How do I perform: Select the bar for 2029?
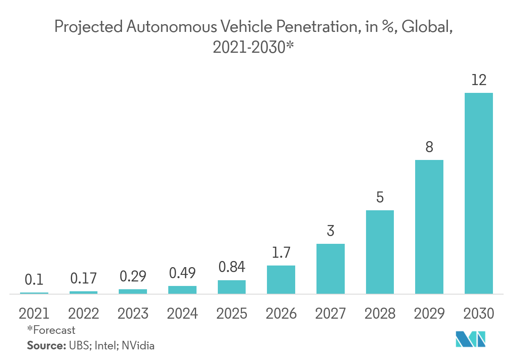[429, 227]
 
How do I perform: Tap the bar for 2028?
[380, 252]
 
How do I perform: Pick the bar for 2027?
[330, 269]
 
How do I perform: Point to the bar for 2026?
[281, 280]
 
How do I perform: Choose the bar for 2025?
[231, 287]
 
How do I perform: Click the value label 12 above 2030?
[479, 80]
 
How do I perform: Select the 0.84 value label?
[231, 267]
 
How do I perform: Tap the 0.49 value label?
[182, 272]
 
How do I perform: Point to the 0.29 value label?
[133, 276]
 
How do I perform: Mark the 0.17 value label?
[84, 278]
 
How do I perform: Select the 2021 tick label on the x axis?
[34, 313]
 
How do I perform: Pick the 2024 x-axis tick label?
[182, 313]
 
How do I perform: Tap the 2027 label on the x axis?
[330, 313]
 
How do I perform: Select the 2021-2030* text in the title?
[253, 47]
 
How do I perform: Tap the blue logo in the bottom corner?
[470, 339]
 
